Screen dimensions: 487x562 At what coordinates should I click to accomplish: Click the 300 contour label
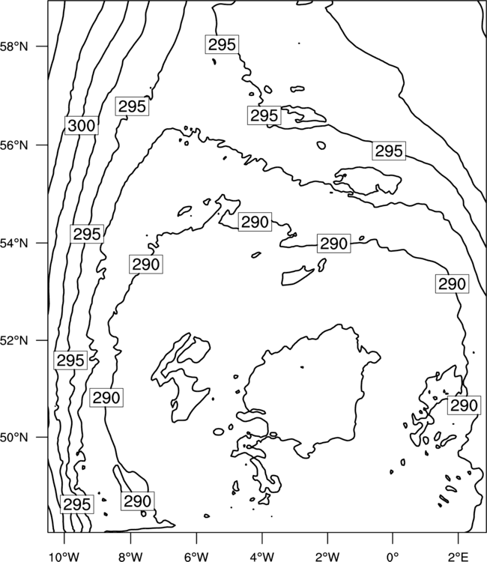tap(82, 125)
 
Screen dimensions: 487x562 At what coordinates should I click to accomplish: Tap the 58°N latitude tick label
tap(14, 46)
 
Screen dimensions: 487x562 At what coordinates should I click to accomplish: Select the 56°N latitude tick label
tap(14, 145)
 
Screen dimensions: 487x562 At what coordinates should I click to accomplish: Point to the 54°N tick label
tap(14, 244)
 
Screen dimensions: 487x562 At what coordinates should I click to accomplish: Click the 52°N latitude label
tap(14, 340)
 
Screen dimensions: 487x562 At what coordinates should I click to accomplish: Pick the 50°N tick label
tap(14, 438)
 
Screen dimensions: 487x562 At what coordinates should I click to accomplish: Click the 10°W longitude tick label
tap(64, 557)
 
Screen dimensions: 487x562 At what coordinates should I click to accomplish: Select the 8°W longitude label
tap(130, 557)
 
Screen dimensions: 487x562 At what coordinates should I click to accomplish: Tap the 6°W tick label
tap(196, 557)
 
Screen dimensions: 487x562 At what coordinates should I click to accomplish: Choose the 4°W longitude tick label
tap(262, 557)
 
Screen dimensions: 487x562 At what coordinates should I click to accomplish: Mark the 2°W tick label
tap(327, 557)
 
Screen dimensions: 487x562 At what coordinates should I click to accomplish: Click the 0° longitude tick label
tap(393, 557)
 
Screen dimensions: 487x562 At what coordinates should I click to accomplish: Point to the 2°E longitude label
tap(459, 557)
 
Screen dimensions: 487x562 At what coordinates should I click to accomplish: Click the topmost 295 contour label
tap(223, 44)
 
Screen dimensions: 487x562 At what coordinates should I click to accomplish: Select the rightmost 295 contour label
tap(389, 151)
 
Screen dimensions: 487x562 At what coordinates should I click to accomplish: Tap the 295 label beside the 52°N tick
tap(70, 360)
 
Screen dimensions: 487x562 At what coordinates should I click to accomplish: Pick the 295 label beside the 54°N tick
tap(87, 234)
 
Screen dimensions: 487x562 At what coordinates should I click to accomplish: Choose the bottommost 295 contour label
tap(76, 504)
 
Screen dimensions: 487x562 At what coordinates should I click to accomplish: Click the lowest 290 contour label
tap(138, 501)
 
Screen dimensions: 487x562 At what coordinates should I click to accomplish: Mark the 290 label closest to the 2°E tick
tap(464, 405)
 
